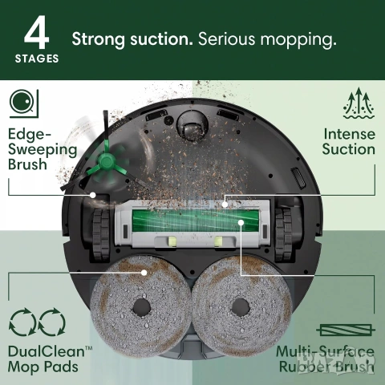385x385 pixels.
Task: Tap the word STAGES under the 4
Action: [x=37, y=59]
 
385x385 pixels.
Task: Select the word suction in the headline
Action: [x=161, y=39]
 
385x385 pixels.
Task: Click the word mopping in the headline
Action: [x=298, y=40]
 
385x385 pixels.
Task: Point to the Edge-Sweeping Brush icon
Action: [x=24, y=103]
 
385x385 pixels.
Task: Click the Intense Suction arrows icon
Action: [x=359, y=103]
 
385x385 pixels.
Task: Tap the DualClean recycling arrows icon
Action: [x=37, y=322]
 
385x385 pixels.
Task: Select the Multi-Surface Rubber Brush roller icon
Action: [x=346, y=330]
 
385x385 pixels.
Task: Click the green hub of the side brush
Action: [x=107, y=161]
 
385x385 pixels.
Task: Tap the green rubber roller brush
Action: [x=196, y=221]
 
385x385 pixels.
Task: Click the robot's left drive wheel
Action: [x=101, y=235]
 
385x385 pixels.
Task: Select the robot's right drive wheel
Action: [x=283, y=235]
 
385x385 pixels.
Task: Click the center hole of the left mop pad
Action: [x=142, y=306]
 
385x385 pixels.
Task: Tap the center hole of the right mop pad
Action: [x=241, y=306]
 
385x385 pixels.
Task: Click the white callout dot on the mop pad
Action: [x=144, y=273]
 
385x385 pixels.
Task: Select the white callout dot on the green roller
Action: [x=241, y=222]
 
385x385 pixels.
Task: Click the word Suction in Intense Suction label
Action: [x=348, y=149]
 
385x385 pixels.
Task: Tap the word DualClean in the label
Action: [x=46, y=351]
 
